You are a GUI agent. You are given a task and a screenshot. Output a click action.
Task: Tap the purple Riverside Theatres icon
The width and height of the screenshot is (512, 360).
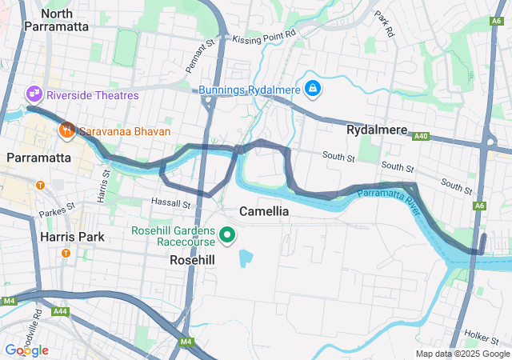(34, 94)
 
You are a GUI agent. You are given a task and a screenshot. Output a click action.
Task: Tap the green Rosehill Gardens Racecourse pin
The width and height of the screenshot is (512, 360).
(226, 235)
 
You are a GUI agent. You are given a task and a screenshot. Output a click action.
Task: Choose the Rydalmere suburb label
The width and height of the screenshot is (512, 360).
(377, 130)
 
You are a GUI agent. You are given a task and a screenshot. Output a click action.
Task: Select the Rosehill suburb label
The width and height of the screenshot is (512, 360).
(192, 260)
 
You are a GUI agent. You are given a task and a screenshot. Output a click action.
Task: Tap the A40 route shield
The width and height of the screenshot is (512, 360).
(421, 137)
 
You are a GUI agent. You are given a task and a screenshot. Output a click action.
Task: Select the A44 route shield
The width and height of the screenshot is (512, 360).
(59, 310)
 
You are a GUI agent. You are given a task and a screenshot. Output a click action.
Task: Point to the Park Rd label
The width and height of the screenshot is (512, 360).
(385, 25)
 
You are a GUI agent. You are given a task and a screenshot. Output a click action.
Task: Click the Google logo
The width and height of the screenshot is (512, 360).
(26, 350)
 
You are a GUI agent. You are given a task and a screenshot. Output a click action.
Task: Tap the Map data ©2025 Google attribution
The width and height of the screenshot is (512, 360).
(462, 354)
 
